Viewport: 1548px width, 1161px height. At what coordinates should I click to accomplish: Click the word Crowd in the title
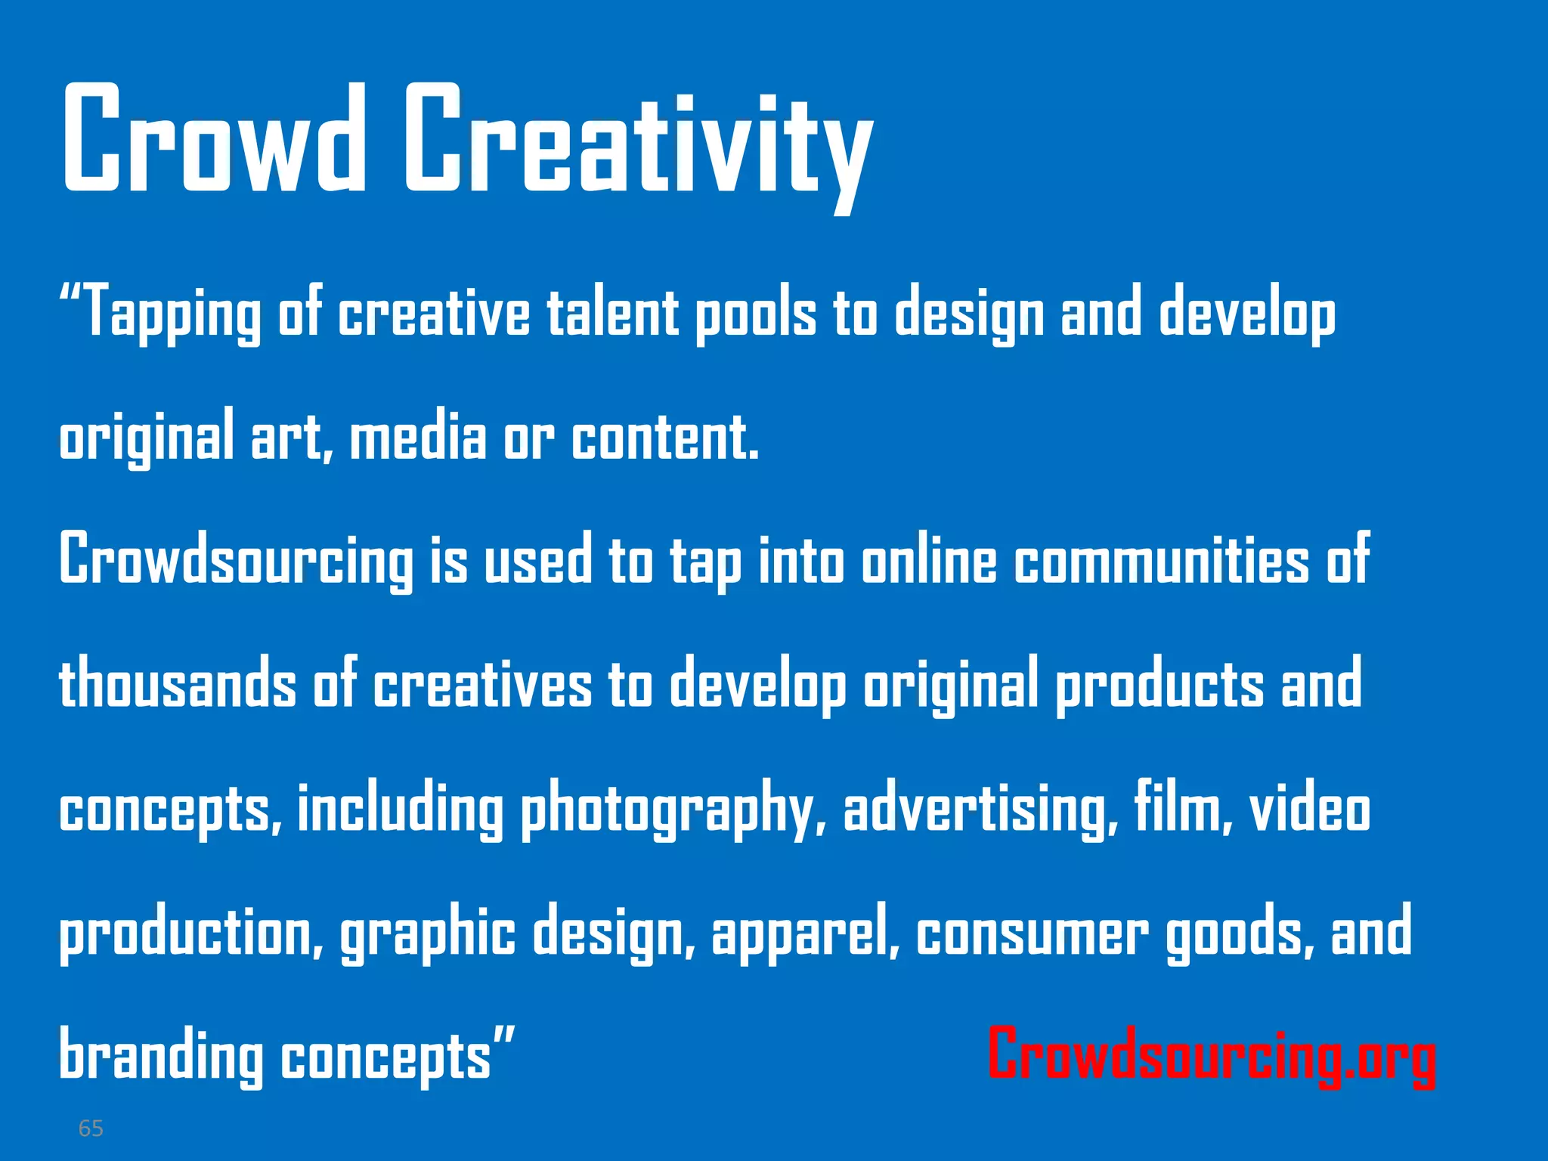[x=214, y=139]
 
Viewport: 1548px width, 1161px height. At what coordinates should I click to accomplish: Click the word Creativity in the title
[x=639, y=144]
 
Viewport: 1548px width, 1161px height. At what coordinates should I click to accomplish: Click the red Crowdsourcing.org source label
[x=1212, y=1054]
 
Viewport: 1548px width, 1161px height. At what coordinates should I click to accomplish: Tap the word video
[x=1310, y=807]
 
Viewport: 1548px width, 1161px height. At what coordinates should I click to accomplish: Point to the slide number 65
[x=91, y=1128]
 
